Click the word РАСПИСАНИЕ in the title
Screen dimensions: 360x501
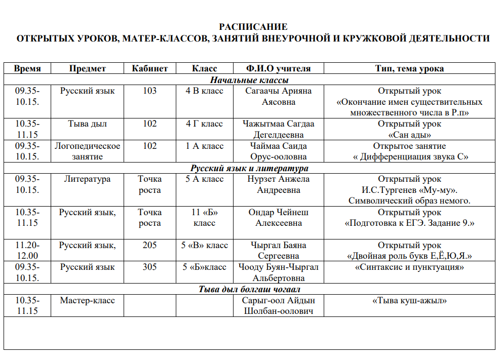pos(253,27)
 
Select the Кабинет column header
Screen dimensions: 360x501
pos(149,69)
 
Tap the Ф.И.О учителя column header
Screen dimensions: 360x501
pos(278,69)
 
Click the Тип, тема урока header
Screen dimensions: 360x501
pos(409,69)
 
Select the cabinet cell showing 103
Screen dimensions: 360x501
pos(149,91)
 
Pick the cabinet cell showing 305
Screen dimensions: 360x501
pos(149,267)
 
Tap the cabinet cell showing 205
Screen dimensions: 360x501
pos(149,246)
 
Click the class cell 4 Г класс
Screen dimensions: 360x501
pos(204,124)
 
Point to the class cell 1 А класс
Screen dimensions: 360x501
pos(204,146)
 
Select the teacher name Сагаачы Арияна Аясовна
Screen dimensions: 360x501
pos(278,96)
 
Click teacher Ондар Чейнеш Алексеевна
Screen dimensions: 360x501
pos(278,218)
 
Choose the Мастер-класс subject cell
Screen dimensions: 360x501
pos(88,301)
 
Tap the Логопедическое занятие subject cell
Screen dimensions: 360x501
pos(88,151)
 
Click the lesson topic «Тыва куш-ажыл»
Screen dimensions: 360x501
pos(409,301)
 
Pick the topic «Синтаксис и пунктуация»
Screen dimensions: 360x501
pos(409,267)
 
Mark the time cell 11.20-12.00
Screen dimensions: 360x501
pos(27,251)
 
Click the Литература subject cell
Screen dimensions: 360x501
pos(88,179)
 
